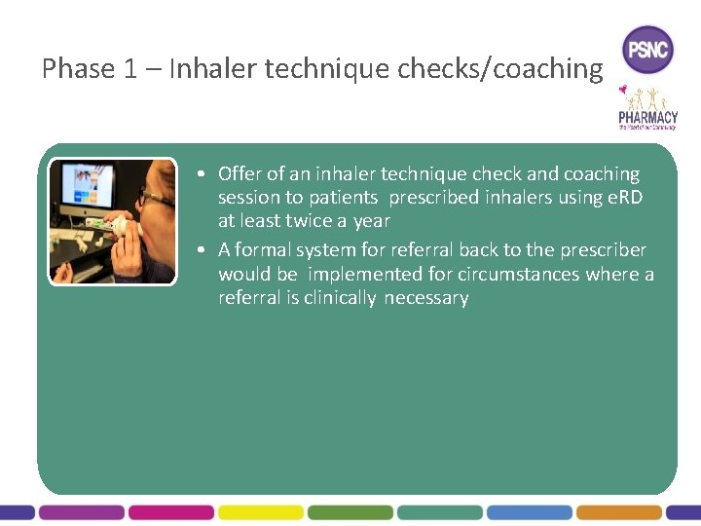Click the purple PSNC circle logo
(x=647, y=49)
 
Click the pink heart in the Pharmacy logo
(x=623, y=90)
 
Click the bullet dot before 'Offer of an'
(x=198, y=174)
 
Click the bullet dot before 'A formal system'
(x=198, y=250)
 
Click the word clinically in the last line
(x=339, y=298)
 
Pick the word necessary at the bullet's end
(x=426, y=298)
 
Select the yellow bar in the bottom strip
(x=260, y=511)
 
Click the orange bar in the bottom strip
(x=618, y=511)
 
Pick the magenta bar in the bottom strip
(x=170, y=511)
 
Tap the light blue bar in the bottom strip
(x=529, y=511)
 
